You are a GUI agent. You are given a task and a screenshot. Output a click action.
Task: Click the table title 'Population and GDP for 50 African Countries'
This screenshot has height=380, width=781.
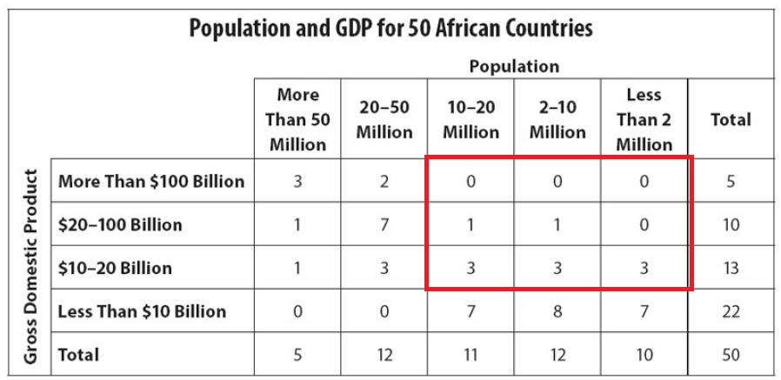pyautogui.click(x=390, y=28)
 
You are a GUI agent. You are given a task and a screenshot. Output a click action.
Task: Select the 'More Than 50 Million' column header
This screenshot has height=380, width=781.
pyautogui.click(x=297, y=119)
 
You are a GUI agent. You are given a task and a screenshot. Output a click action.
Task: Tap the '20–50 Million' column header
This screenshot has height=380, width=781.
pyautogui.click(x=384, y=119)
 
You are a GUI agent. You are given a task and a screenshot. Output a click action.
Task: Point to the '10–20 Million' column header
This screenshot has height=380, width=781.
pyautogui.click(x=471, y=119)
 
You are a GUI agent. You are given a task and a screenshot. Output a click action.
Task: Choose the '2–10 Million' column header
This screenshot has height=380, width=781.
pyautogui.click(x=557, y=119)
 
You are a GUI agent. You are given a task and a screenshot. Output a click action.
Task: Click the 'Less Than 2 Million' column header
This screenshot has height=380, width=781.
pyautogui.click(x=644, y=119)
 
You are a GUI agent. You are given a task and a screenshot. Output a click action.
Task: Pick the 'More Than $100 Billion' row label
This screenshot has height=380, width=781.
pyautogui.click(x=151, y=182)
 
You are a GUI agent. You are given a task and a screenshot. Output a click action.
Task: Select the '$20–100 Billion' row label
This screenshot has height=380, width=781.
pyautogui.click(x=120, y=224)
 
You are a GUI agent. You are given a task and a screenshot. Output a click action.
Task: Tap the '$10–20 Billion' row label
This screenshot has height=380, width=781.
pyautogui.click(x=115, y=268)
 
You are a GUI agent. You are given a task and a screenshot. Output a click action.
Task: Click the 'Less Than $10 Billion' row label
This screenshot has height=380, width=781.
pyautogui.click(x=142, y=311)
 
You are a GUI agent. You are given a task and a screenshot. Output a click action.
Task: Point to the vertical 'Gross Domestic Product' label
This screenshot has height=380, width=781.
pyautogui.click(x=30, y=266)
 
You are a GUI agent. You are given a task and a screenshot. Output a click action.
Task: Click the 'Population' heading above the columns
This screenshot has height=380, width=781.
pyautogui.click(x=514, y=66)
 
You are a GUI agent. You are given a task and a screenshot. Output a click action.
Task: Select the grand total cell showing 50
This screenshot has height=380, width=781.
pyautogui.click(x=731, y=355)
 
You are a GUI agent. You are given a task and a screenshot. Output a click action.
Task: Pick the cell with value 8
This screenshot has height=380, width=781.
pyautogui.click(x=557, y=311)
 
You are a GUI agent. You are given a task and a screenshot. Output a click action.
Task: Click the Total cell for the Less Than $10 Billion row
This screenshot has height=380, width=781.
pyautogui.click(x=731, y=311)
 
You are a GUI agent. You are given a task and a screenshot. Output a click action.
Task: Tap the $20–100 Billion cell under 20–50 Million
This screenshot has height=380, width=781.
pyautogui.click(x=384, y=224)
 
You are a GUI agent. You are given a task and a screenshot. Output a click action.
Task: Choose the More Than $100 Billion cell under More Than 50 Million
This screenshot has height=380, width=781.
pyautogui.click(x=297, y=182)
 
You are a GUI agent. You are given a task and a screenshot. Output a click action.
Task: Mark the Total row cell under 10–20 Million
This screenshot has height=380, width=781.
pyautogui.click(x=471, y=355)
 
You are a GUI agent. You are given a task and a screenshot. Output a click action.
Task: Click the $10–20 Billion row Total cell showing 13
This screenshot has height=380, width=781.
pyautogui.click(x=731, y=268)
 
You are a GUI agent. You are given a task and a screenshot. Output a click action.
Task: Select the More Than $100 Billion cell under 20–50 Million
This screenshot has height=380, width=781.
pyautogui.click(x=384, y=182)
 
